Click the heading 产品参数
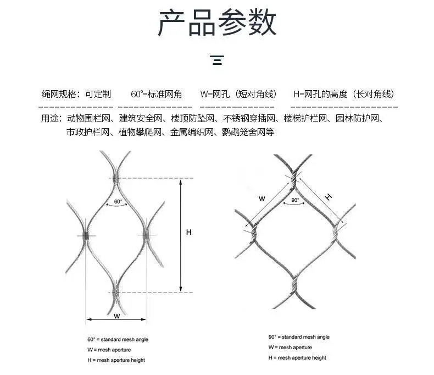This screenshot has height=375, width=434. click(217, 24)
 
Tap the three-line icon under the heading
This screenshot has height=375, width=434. click(218, 60)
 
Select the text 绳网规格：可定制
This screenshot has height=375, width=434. click(76, 94)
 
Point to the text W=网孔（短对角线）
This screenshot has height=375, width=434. click(238, 94)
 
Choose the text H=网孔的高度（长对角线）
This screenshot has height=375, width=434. click(344, 94)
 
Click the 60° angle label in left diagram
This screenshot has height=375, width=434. click(118, 202)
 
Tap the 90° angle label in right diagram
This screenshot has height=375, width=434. click(295, 201)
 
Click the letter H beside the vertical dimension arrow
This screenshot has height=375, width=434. click(188, 233)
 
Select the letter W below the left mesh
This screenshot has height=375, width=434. click(116, 316)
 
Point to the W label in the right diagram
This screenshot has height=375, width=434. click(262, 198)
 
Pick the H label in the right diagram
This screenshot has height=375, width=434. click(329, 197)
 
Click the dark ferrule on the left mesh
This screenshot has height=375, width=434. click(86, 236)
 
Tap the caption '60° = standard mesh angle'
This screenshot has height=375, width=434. click(118, 340)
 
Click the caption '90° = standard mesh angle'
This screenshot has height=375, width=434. click(299, 337)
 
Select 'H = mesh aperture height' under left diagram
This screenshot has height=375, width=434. click(116, 360)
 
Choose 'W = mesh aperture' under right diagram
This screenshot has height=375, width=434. click(290, 348)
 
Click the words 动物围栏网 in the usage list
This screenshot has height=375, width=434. click(90, 118)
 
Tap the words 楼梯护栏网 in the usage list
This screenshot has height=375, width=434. click(305, 118)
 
